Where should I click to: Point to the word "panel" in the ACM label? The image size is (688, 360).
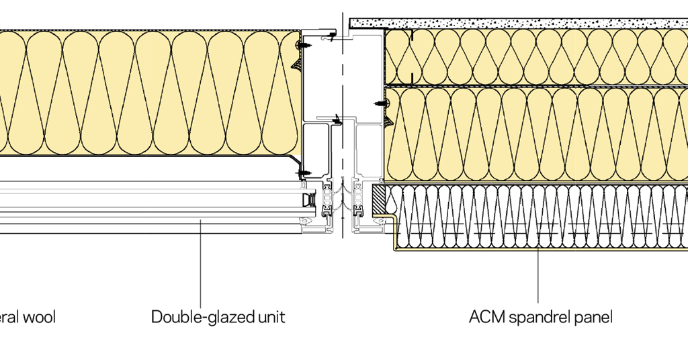coord(593,317)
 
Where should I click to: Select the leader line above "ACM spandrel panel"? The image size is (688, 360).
coord(538,275)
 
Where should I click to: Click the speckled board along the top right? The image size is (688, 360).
coord(517,23)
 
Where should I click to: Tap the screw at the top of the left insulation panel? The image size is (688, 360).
coord(300,46)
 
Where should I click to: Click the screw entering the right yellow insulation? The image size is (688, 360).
coord(381,104)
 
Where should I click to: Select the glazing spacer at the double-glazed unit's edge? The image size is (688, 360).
coord(308,199)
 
